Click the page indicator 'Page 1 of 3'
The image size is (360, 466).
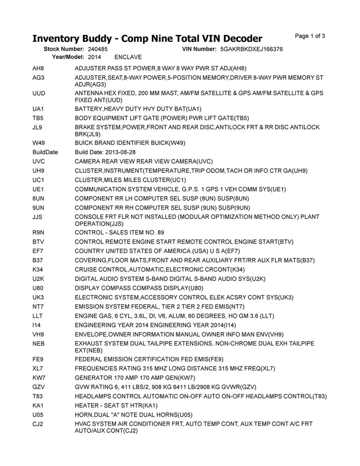coord(310,36)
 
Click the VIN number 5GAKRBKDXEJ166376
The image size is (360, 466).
coord(252,49)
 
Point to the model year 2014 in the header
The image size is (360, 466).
coord(94,57)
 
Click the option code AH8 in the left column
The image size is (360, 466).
coord(38,69)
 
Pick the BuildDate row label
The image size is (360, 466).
coord(45,152)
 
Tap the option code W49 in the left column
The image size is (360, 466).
coord(39,143)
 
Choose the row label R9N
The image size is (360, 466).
coord(38,232)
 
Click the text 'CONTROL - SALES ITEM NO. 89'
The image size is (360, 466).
coord(119,232)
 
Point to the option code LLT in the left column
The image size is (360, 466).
coord(38,315)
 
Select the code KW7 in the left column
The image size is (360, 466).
coord(39,377)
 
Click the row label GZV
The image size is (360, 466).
coord(39,387)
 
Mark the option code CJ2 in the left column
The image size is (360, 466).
coord(38,424)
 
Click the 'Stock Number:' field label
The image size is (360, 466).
coord(64,49)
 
